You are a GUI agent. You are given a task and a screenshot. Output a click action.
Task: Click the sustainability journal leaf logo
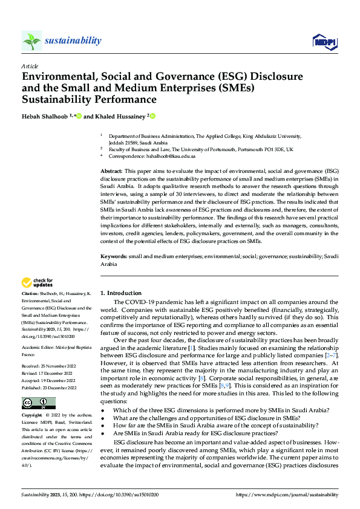point(31,41)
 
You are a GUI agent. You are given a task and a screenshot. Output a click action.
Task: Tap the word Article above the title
point(30,66)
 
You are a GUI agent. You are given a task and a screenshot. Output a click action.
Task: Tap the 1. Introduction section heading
point(121,293)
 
